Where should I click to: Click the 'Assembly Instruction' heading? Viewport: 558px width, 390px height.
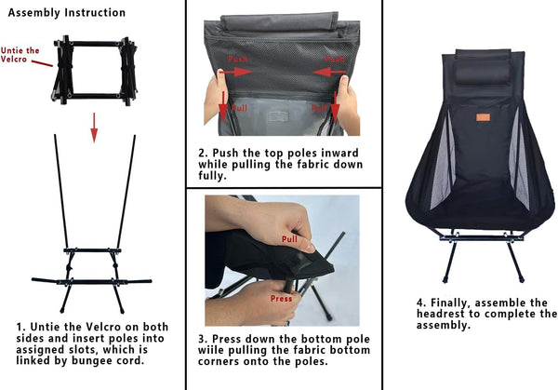[x=67, y=13]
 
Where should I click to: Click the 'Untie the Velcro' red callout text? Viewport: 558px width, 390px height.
[x=20, y=55]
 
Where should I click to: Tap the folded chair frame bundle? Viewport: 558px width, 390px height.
[x=95, y=70]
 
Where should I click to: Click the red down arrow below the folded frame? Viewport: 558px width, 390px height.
[x=94, y=128]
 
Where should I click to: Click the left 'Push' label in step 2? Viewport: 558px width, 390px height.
[x=238, y=59]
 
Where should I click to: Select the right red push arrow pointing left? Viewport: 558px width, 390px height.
[x=329, y=73]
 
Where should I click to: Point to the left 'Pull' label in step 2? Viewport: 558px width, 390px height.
[x=240, y=108]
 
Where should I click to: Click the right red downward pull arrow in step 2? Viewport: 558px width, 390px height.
[x=335, y=106]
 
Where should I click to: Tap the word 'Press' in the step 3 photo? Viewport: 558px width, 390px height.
[x=281, y=299]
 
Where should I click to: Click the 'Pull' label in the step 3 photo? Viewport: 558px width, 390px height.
[x=289, y=239]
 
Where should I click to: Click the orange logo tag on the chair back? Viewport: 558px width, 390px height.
[x=483, y=117]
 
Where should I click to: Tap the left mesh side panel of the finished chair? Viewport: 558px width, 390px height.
[x=443, y=161]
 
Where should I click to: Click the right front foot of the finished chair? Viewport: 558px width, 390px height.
[x=522, y=279]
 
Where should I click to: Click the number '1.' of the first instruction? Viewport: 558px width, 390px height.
[x=21, y=327]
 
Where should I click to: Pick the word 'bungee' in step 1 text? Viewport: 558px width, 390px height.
[x=93, y=361]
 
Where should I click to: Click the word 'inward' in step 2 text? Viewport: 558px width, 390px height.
[x=339, y=154]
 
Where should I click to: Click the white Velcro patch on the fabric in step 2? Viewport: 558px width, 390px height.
[x=278, y=116]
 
